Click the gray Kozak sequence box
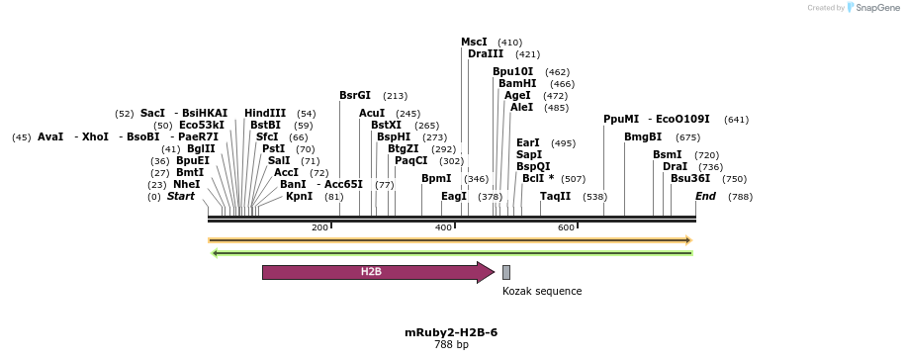[x=506, y=272]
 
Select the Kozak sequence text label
[x=542, y=291]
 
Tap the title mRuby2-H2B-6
[x=451, y=332]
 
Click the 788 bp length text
[x=451, y=345]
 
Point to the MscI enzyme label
[x=474, y=42]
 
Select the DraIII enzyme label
[x=486, y=54]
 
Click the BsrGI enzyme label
[x=355, y=96]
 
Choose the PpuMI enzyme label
[x=621, y=119]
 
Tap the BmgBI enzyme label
[x=643, y=136]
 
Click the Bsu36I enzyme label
[x=690, y=179]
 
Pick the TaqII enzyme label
[x=555, y=196]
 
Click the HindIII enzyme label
[x=265, y=113]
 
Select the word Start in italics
[x=181, y=196]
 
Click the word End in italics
[x=705, y=196]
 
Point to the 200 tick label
[x=319, y=228]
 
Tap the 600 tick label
[x=566, y=228]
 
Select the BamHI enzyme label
[x=517, y=84]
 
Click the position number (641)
[x=736, y=120]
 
